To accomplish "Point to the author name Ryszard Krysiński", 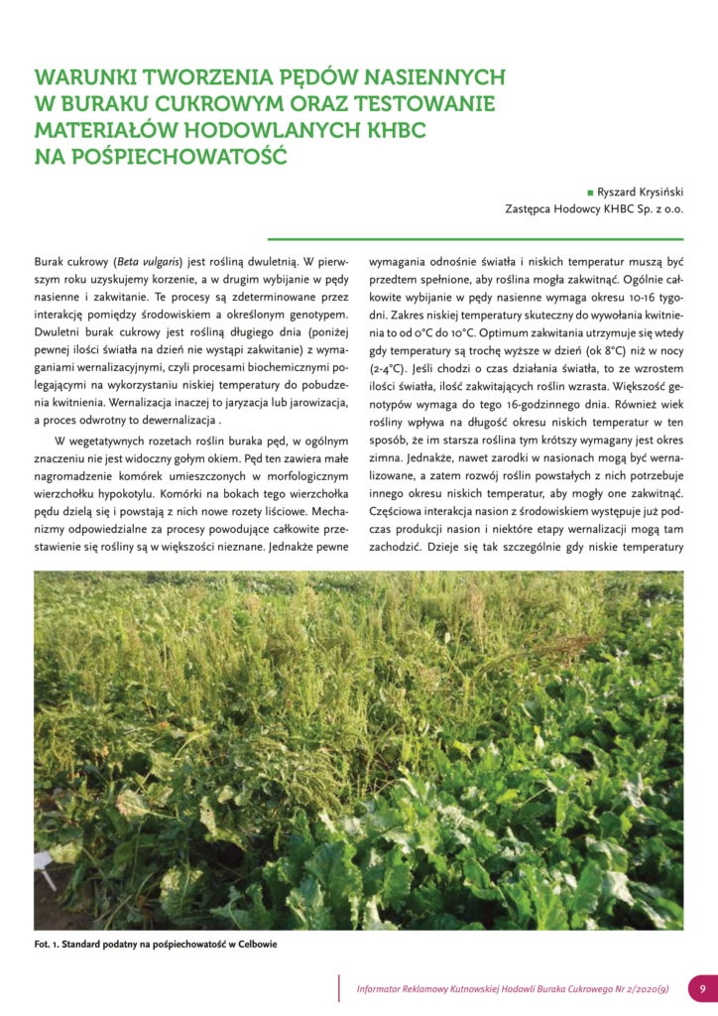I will (x=641, y=191).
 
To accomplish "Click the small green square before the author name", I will (x=591, y=191).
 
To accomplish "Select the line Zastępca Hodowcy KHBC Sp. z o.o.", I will (x=594, y=208).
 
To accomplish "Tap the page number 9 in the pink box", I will (x=702, y=988).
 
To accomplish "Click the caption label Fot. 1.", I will (x=46, y=945).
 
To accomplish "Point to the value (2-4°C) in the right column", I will (x=388, y=378).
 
